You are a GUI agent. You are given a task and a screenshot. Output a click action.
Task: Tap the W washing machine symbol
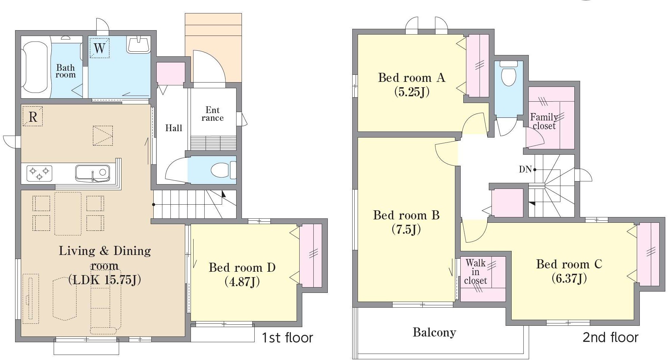coord(100,48)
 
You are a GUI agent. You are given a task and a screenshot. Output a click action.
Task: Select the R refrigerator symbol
coord(33,116)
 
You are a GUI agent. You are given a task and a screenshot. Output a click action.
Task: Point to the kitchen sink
coord(93,173)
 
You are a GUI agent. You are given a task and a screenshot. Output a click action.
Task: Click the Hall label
coord(174,128)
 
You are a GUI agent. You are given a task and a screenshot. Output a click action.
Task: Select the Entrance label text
coord(213,114)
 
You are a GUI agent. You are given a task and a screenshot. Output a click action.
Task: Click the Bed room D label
coord(242,267)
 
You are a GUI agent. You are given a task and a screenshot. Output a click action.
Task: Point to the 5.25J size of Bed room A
coord(412,92)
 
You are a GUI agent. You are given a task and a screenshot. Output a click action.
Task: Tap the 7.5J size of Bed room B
coord(406,229)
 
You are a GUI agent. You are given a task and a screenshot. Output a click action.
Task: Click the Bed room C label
coord(569,264)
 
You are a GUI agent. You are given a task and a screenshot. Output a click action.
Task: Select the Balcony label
coord(434,332)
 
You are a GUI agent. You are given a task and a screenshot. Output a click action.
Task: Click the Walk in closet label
coord(476,272)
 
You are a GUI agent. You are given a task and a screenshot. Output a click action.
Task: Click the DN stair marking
coord(525,169)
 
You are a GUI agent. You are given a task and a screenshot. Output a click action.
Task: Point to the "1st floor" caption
coord(287,338)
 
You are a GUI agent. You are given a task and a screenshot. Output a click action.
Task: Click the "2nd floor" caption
coord(610,337)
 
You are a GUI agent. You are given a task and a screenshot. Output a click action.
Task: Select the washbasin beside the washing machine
coord(138,45)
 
